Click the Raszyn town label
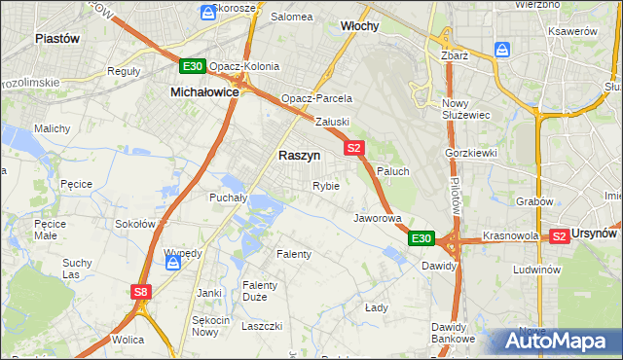[x=300, y=155]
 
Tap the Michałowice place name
[x=204, y=90]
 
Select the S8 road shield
[x=142, y=291]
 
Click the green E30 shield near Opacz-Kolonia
[x=193, y=66]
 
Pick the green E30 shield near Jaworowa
[x=421, y=238]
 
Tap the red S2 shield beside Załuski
[x=353, y=148]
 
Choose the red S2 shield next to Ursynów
[x=560, y=235]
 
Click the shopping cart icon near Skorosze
[x=207, y=13]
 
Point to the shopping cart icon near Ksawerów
[x=502, y=50]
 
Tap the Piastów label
[x=56, y=38]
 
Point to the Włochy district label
[x=359, y=26]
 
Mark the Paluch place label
[x=393, y=171]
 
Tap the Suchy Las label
[x=77, y=269]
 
